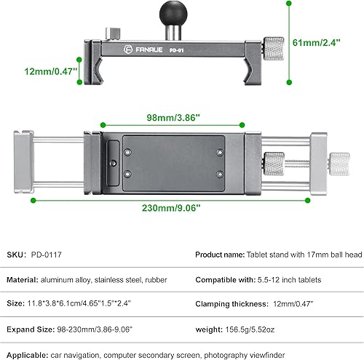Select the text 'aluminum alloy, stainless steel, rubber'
[111, 280]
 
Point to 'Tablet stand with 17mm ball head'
[306, 255]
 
